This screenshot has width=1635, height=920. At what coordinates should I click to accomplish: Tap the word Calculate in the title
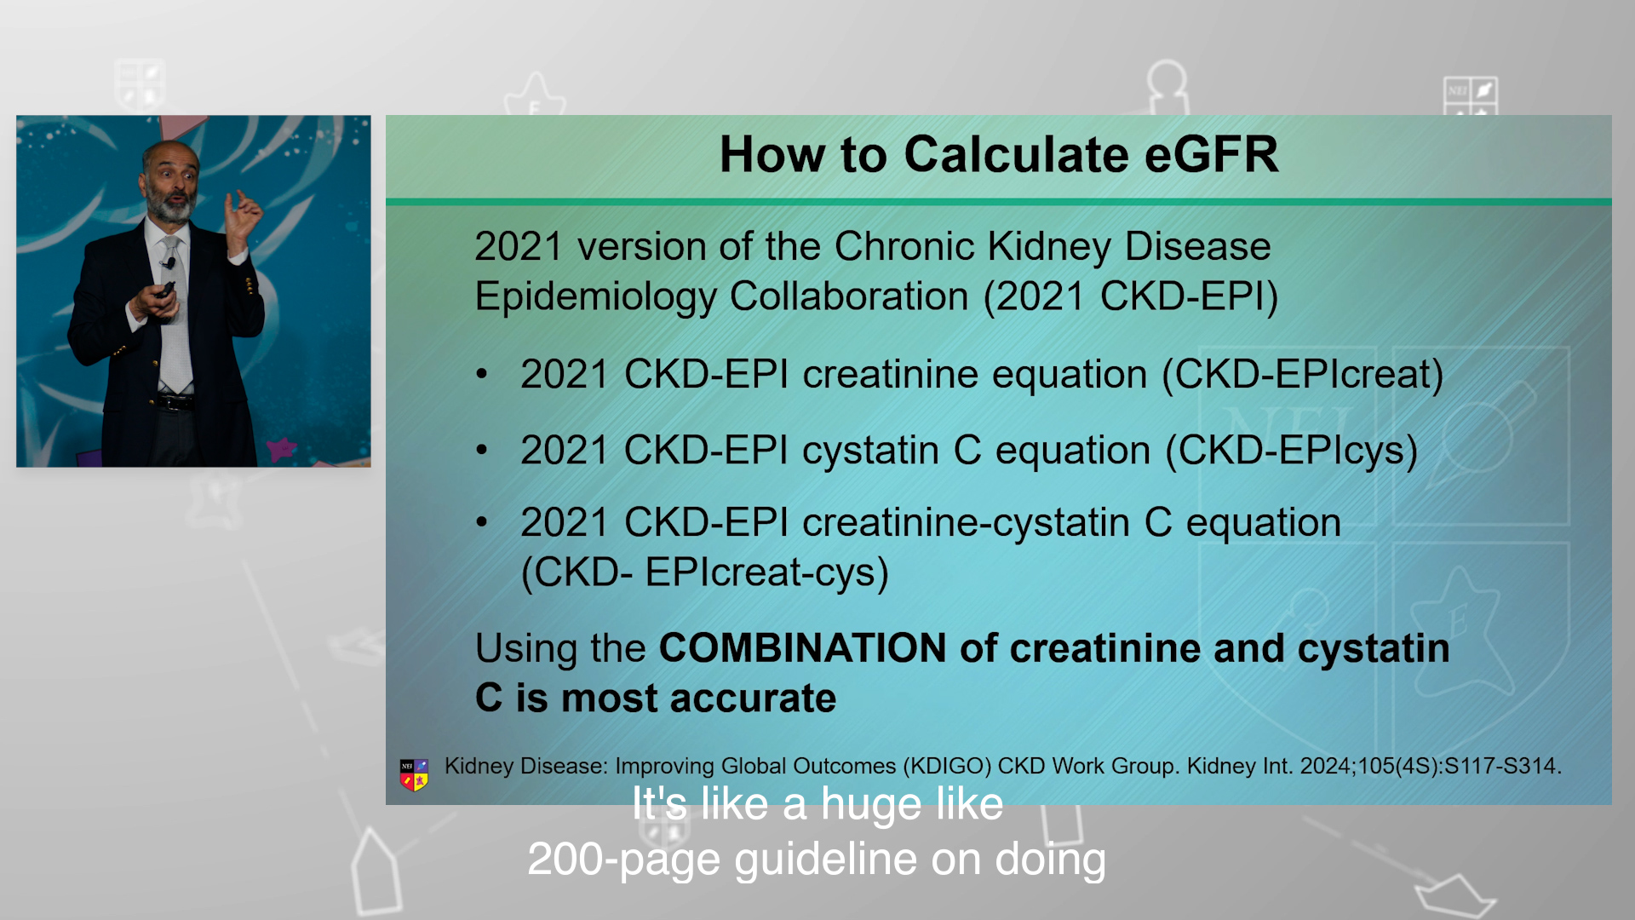pyautogui.click(x=1016, y=155)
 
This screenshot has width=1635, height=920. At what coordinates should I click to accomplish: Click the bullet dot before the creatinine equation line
pyautogui.click(x=482, y=373)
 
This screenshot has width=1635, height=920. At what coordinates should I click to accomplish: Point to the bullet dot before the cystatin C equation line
pyautogui.click(x=482, y=449)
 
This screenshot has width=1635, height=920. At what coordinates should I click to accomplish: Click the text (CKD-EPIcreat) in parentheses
pyautogui.click(x=1303, y=375)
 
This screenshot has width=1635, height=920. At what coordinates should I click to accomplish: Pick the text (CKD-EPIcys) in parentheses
pyautogui.click(x=1291, y=451)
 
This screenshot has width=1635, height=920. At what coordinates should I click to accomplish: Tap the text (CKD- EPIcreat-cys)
pyautogui.click(x=704, y=572)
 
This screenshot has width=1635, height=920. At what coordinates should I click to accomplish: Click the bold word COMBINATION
pyautogui.click(x=802, y=648)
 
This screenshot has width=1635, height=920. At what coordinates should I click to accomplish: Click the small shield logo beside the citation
pyautogui.click(x=414, y=774)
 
